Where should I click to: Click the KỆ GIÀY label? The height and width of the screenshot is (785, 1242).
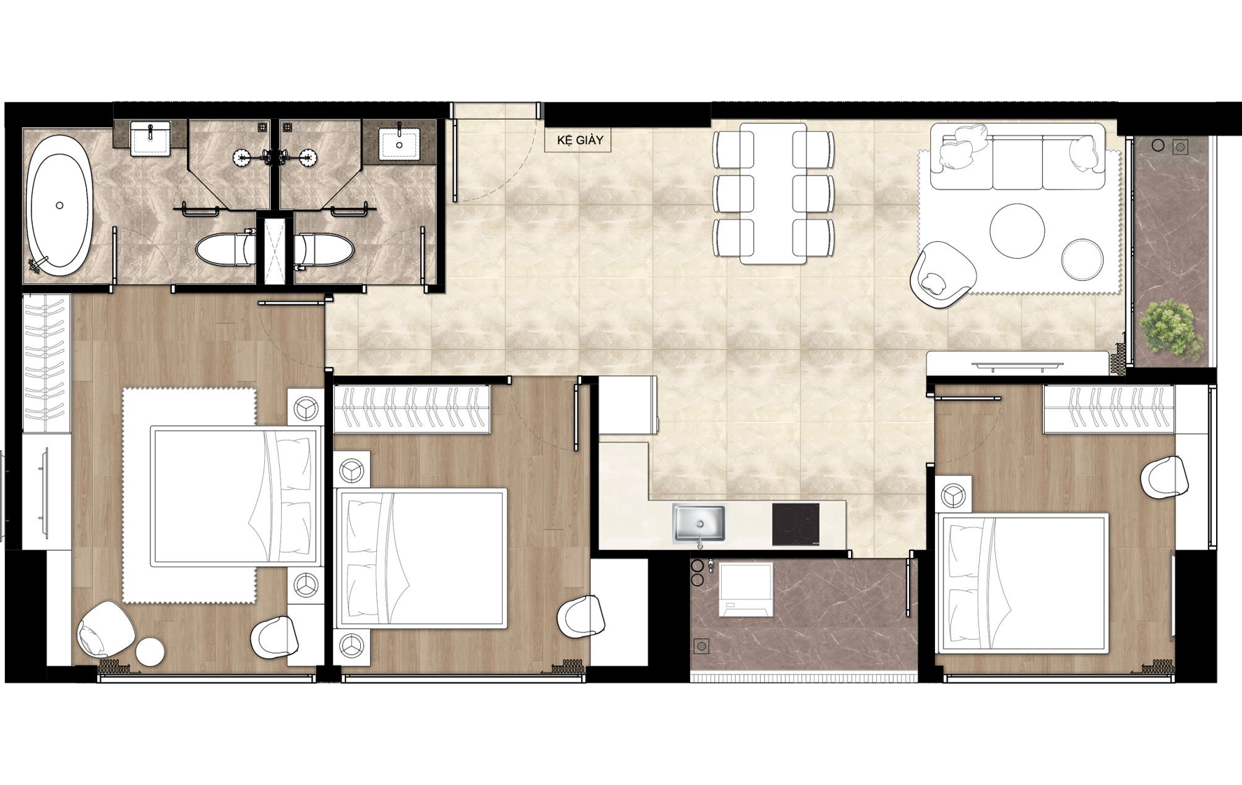[x=580, y=141]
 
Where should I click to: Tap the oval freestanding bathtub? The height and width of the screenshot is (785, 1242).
[x=59, y=203]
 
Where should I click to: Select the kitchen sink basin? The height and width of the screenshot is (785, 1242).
[x=699, y=523]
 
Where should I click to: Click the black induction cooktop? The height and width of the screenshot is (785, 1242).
[x=796, y=524]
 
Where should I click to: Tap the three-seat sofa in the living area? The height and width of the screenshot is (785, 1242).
[x=1018, y=157]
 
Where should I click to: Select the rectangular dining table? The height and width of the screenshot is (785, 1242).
[x=773, y=194]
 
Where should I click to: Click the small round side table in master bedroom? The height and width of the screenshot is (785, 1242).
[x=150, y=651]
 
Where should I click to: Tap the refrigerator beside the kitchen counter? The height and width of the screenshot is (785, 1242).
[x=627, y=405]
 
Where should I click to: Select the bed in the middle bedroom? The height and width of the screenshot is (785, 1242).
[x=421, y=558]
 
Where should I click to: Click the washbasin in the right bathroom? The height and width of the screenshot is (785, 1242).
[x=400, y=143]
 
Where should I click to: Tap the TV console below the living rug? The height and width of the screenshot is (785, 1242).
[x=1018, y=363]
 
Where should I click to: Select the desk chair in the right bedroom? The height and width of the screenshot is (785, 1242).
[x=1164, y=478]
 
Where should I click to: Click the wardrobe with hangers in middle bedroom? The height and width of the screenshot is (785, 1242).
[x=411, y=409]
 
